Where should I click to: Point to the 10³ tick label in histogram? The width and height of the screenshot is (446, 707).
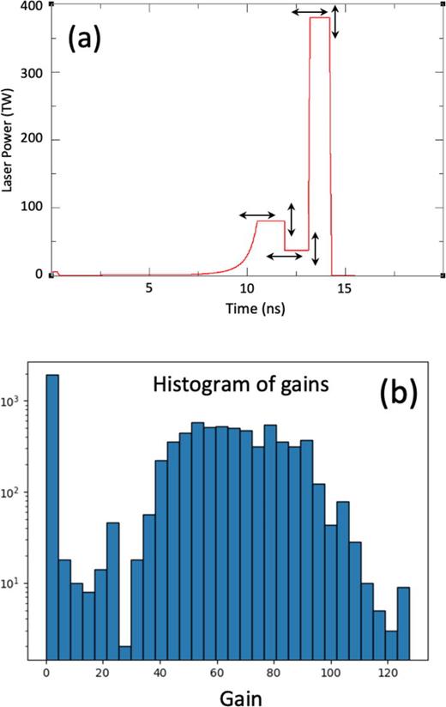19,401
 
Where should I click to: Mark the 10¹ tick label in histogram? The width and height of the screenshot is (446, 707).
19,583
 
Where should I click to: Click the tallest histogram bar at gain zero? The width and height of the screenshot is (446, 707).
52,514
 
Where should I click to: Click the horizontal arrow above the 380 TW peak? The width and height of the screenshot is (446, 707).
310,12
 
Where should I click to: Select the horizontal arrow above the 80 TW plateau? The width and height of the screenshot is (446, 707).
256,214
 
